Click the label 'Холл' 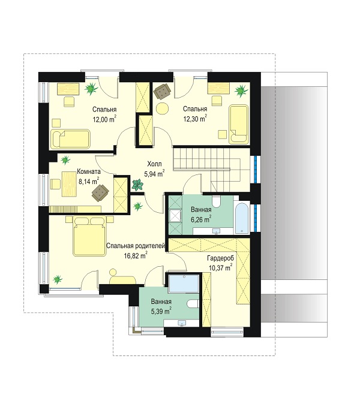[x=154, y=164]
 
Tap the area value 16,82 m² [x=136, y=256]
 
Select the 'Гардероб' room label [x=220, y=258]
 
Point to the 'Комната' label [x=89, y=171]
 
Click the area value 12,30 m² [x=195, y=119]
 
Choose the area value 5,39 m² [x=161, y=311]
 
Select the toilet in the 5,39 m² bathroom [x=193, y=303]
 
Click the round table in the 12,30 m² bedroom [x=163, y=108]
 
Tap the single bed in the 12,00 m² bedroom [x=70, y=139]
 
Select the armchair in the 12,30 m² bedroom [x=162, y=91]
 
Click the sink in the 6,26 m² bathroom [x=216, y=231]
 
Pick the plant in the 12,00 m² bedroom [x=91, y=89]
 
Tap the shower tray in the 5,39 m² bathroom [x=183, y=284]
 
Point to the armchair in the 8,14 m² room [x=100, y=192]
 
